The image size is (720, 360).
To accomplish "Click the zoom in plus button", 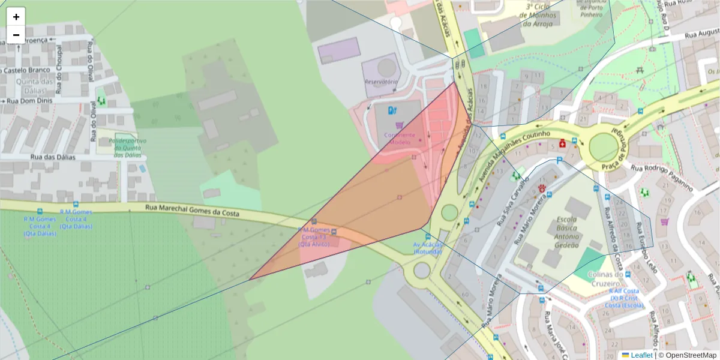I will (16, 17).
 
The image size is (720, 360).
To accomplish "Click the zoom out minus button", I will (16, 35).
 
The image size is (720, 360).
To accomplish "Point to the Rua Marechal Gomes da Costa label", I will (192, 211).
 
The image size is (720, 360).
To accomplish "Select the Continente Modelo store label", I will (395, 139).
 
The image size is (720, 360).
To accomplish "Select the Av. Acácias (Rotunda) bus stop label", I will (427, 248).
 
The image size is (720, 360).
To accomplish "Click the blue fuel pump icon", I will (392, 110).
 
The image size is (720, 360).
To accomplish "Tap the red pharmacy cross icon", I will (563, 144).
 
